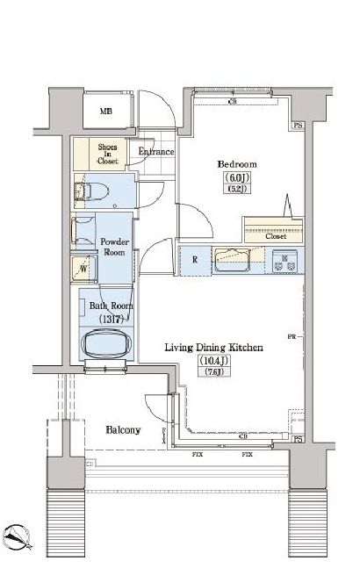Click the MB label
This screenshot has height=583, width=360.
(x=106, y=112)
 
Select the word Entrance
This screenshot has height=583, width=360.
(x=156, y=152)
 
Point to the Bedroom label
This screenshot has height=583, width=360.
(x=236, y=164)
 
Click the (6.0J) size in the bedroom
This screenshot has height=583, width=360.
(x=235, y=179)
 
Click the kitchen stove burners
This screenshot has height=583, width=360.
(x=285, y=260)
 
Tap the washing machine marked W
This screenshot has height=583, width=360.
(x=84, y=268)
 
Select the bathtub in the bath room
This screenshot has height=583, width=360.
(x=107, y=343)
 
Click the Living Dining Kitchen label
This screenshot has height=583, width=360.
(x=214, y=348)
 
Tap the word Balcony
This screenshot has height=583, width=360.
(x=124, y=430)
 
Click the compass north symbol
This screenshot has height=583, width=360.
(x=19, y=536)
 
